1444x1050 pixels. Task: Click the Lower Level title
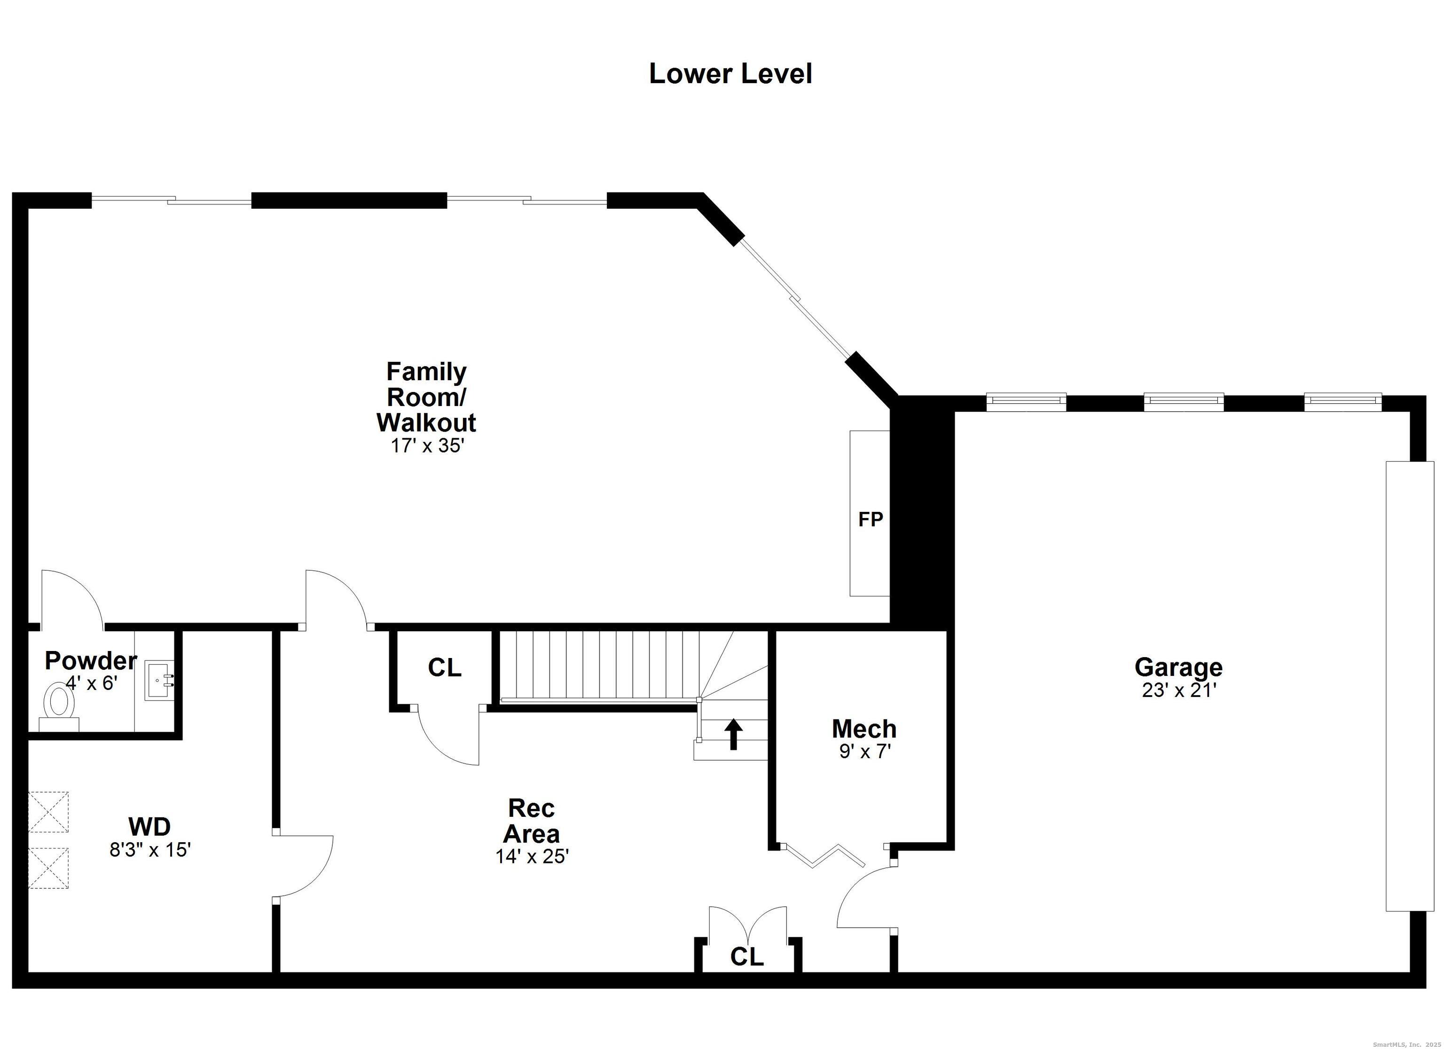pos(730,74)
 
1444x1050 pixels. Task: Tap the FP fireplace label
pos(871,519)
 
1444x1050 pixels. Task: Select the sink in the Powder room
pos(157,681)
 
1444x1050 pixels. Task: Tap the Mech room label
pos(864,729)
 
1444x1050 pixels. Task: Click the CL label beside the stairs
pos(444,668)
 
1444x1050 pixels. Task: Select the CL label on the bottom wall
pos(747,956)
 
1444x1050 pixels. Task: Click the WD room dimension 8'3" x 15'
pos(150,850)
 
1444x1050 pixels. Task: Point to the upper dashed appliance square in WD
pos(48,811)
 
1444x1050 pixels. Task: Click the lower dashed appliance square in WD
pos(48,868)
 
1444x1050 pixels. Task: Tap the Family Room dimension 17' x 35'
pos(427,446)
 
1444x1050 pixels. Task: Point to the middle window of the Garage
pos(1184,401)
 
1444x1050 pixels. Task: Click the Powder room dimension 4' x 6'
pos(92,684)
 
